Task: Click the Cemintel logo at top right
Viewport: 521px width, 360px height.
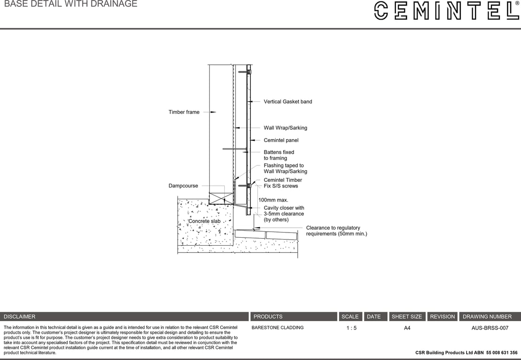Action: [446, 10]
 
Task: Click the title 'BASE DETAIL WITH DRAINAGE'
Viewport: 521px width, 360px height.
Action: [71, 4]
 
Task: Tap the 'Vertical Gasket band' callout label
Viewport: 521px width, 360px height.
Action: [287, 102]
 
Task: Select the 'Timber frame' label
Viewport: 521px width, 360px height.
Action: [184, 112]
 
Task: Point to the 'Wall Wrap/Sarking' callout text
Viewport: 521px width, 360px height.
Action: [285, 128]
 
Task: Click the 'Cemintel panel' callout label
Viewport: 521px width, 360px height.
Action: [281, 140]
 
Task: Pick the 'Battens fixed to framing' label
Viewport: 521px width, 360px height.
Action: [279, 155]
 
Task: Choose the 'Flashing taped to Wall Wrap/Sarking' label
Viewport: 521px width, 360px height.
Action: [285, 168]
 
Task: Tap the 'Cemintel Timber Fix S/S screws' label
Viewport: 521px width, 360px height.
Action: [282, 183]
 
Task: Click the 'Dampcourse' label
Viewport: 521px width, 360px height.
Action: [183, 186]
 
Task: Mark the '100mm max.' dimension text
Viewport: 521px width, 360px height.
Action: [273, 200]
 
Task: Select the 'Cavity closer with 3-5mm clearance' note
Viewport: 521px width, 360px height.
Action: [284, 214]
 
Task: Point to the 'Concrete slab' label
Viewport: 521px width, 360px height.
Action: [204, 221]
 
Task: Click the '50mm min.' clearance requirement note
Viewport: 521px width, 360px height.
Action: [336, 231]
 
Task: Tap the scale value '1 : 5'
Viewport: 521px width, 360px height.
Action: [351, 328]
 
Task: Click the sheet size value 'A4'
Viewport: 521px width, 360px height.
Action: [407, 328]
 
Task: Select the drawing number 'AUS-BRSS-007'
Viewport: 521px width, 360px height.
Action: [490, 328]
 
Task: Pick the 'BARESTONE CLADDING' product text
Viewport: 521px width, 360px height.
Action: [278, 328]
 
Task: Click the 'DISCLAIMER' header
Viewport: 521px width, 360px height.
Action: [20, 317]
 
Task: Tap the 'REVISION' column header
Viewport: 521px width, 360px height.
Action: [442, 317]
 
